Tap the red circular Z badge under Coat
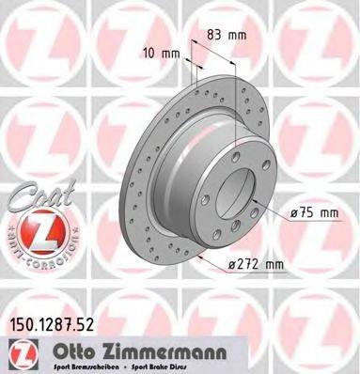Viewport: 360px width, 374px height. (x=36, y=232)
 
